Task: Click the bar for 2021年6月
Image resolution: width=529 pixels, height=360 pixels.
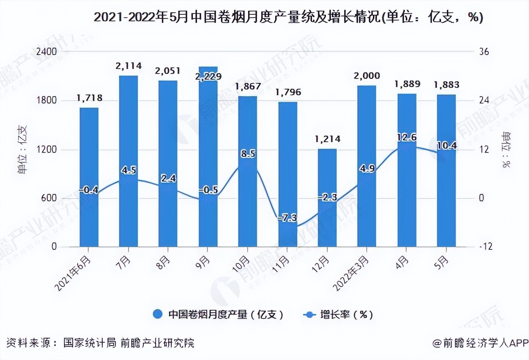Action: pos(89,177)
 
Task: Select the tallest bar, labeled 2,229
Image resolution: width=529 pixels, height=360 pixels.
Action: pos(208,157)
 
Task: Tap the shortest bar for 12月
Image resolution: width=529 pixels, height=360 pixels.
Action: pos(327,198)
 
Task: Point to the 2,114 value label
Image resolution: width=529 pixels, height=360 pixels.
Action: pos(129,66)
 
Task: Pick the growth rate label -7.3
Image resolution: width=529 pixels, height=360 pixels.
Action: pos(287,218)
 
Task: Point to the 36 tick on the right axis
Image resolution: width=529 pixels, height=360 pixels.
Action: pos(484,52)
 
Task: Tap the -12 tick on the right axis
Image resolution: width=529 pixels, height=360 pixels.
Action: pos(483,247)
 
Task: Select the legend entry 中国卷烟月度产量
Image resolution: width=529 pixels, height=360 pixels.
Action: pos(218,315)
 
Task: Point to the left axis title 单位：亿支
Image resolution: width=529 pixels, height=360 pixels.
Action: pos(23,150)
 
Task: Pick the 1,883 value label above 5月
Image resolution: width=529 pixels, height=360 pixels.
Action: pos(446,85)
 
